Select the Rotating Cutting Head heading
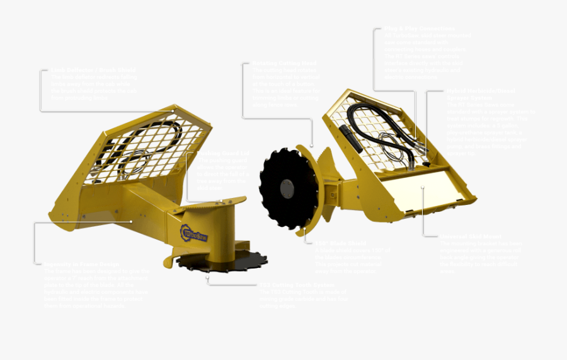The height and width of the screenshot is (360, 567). (276, 64)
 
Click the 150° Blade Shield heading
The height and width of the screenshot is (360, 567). (340, 243)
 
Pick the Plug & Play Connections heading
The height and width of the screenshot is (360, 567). (419, 29)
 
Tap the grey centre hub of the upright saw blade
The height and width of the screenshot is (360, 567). (286, 188)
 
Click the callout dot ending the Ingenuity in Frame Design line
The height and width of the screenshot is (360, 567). (131, 221)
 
